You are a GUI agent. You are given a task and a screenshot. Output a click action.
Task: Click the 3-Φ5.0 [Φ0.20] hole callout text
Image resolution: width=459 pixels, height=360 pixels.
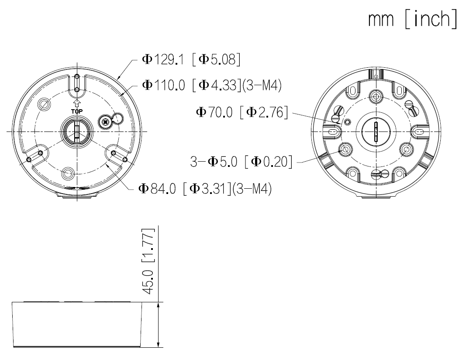click(242, 163)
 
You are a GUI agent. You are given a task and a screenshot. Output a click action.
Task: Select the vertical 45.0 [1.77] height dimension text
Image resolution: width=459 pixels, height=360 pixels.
click(149, 261)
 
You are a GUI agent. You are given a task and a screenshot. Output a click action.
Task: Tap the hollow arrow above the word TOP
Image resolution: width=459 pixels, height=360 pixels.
click(77, 103)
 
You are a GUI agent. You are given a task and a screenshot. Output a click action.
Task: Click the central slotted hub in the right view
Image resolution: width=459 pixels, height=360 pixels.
click(375, 132)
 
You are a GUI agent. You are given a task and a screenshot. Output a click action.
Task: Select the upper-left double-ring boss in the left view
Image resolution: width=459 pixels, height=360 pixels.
click(43, 104)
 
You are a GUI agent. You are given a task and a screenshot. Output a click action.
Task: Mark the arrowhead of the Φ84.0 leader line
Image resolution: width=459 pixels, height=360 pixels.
click(106, 166)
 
